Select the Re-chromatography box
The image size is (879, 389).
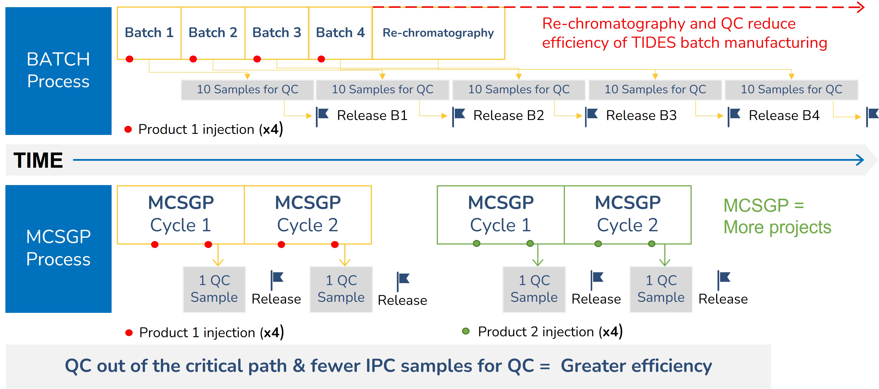tap(438, 33)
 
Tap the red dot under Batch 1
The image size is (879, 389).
tap(129, 59)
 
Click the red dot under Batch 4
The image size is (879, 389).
tap(321, 59)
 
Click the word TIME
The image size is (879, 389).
tap(38, 160)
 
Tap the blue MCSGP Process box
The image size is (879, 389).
tap(58, 249)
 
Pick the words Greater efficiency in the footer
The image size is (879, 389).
tap(636, 366)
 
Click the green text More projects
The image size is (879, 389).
tap(777, 227)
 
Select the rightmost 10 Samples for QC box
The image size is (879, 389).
tap(791, 90)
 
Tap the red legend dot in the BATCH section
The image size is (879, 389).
tap(128, 129)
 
